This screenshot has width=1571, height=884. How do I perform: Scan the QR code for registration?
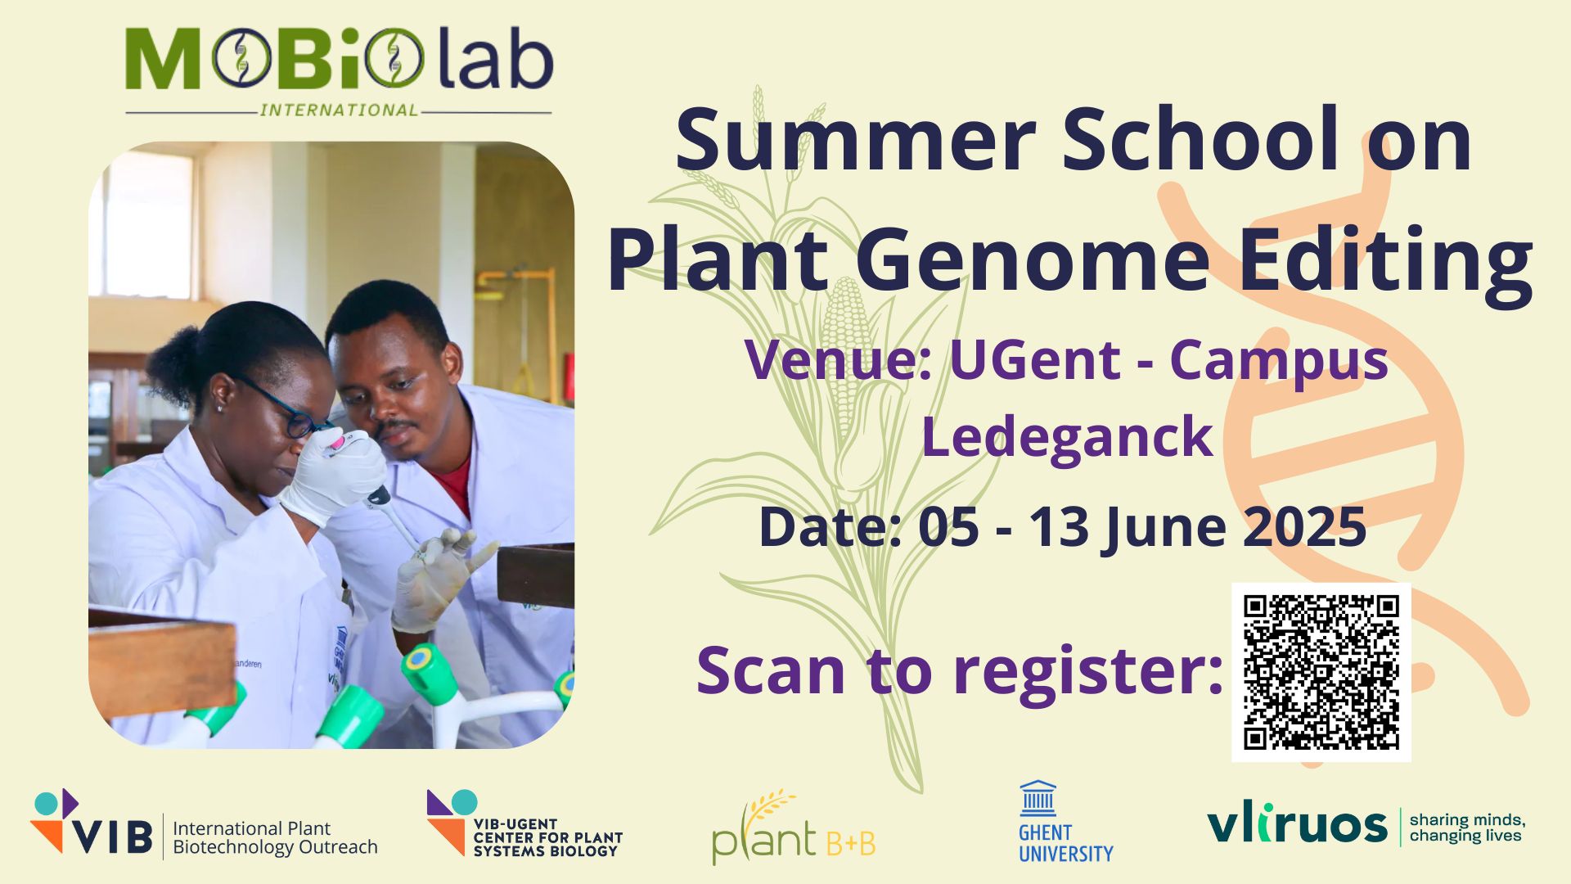(1321, 672)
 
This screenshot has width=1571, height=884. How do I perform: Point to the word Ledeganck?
(1067, 436)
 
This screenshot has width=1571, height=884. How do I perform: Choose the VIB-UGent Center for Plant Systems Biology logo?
(524, 824)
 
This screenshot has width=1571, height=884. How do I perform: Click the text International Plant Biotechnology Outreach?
(275, 837)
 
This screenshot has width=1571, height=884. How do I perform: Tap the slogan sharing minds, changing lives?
(1467, 828)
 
